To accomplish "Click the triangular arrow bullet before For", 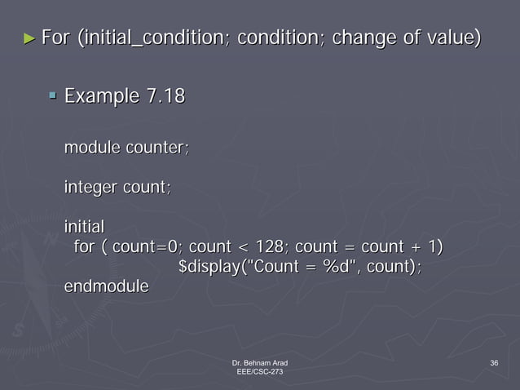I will coord(30,38).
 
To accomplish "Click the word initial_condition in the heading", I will coord(155,38).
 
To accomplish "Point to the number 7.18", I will coord(164,98).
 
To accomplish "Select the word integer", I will coord(90,188).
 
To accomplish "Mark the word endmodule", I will coord(106,286).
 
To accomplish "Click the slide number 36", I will coord(494,361).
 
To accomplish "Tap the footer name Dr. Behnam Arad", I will coord(259,361).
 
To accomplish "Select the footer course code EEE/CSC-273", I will coord(259,371).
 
